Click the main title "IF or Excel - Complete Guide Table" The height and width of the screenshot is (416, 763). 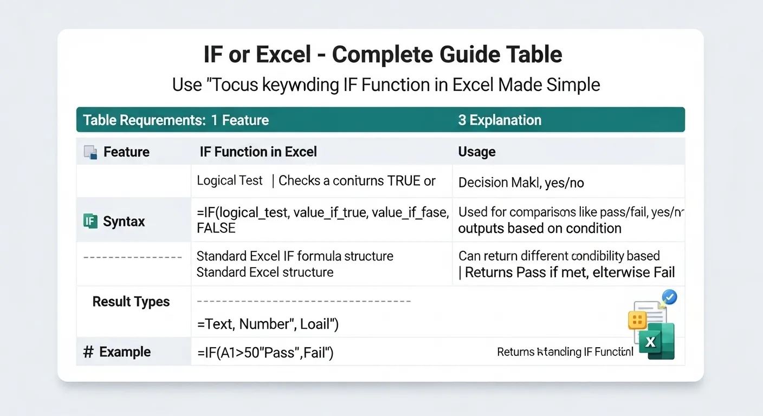coord(382,55)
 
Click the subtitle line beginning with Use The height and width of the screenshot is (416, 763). coord(386,85)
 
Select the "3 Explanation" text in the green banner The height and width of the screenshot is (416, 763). coord(499,120)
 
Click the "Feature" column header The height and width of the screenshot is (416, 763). coord(126,152)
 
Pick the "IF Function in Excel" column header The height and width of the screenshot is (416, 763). coord(258,152)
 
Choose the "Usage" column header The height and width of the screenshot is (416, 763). coord(477,152)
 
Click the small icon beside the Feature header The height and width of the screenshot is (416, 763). coord(90,152)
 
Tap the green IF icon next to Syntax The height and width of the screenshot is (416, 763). coord(90,221)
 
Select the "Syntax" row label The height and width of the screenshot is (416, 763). coord(124,222)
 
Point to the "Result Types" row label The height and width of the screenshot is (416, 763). coord(131,302)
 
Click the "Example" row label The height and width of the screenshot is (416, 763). coord(125,352)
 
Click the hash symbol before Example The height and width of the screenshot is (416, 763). coord(88,352)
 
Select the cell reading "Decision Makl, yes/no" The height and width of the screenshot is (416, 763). coord(521,183)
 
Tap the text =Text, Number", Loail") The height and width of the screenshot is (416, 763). coord(268,324)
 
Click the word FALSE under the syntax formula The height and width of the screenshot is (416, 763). coord(216,228)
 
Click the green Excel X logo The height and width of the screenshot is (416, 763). coord(657,341)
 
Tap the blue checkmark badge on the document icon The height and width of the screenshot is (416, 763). coord(670,297)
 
